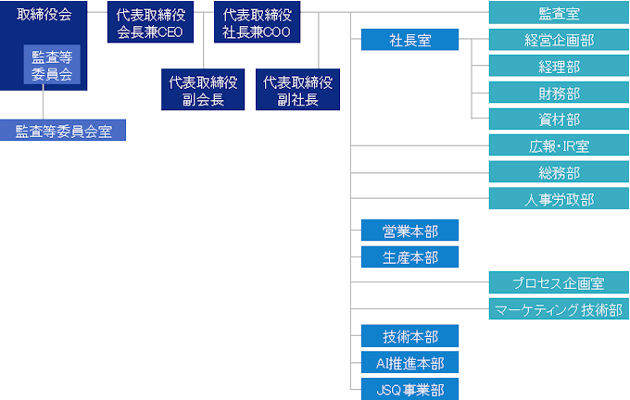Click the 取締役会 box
pos(44,15)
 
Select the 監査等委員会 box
pos(52,67)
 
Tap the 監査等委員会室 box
pos(63,131)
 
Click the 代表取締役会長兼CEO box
pos(150,23)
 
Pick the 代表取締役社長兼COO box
pos(256,23)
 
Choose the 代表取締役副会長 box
pos(203,91)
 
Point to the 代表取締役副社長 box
pos(297,91)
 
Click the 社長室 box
pos(409,40)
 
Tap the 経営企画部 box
pos(559,40)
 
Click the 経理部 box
pos(559,67)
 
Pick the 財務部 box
pos(559,93)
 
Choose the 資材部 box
pos(559,119)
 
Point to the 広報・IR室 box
pos(559,145)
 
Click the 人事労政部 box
pos(559,199)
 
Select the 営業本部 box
pos(409,231)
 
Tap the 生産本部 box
pos(409,257)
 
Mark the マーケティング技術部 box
pos(559,310)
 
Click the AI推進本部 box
pos(409,363)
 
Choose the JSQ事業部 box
pos(409,390)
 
